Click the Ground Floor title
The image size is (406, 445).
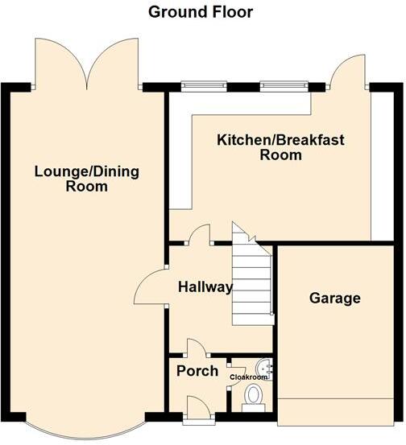click(201, 12)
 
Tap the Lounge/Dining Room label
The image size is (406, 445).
click(87, 178)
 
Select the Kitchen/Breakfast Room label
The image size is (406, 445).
click(280, 147)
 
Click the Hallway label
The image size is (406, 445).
click(205, 287)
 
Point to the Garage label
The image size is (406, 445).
click(334, 299)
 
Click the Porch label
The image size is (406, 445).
click(197, 371)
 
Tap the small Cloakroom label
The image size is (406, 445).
click(248, 376)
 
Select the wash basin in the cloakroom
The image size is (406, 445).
click(269, 369)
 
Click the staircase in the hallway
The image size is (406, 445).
click(252, 282)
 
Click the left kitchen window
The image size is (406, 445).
click(203, 84)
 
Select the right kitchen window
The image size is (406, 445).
click(284, 84)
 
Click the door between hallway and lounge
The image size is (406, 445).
click(149, 287)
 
